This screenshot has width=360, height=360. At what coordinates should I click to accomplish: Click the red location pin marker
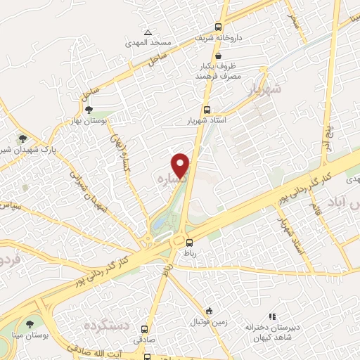click(181, 165)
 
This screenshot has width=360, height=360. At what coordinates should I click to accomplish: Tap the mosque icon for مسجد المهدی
click(148, 32)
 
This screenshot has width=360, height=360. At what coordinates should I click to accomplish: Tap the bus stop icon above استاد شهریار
click(206, 109)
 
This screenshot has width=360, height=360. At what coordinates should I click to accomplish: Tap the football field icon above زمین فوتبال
click(209, 310)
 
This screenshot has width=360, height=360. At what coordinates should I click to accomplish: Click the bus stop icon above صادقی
click(145, 328)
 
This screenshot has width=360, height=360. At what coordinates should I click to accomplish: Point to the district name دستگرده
click(107, 326)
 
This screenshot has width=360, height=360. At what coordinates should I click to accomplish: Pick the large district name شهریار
click(264, 89)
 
